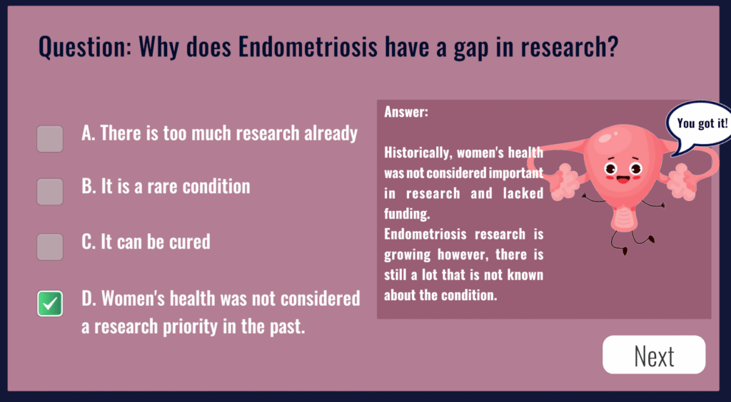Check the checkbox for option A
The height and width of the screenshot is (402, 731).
pos(50,139)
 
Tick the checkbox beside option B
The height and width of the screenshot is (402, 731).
pos(50,192)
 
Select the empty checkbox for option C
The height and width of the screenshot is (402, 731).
pos(50,247)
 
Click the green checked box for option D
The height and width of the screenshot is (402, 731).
pos(50,304)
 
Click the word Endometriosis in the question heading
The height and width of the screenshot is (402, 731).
pos(307,47)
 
